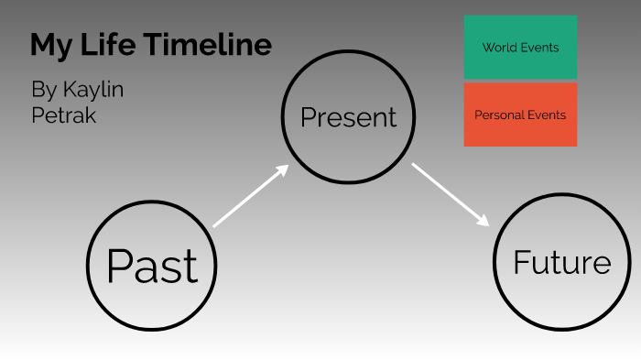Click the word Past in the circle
(152, 266)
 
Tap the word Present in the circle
(349, 117)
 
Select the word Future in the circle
(561, 263)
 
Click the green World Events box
(520, 47)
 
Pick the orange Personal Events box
(520, 115)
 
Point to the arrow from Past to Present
(250, 195)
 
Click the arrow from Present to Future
(451, 194)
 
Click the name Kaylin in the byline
(92, 90)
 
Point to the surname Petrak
(63, 115)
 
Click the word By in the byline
(43, 90)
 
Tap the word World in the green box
(499, 47)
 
